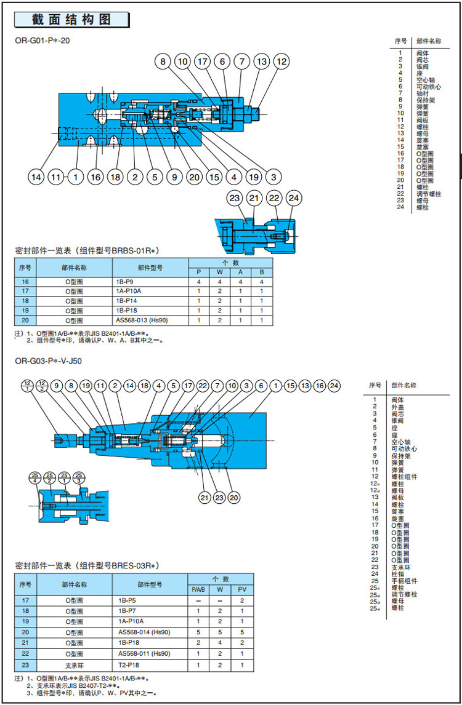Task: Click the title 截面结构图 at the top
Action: [71, 19]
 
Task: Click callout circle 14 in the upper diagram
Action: [36, 177]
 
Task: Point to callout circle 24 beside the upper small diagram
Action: [294, 198]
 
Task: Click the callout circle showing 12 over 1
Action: [28, 386]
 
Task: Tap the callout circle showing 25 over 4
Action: [35, 477]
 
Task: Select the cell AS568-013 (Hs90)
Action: [142, 320]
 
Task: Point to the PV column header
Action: [241, 590]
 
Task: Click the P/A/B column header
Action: [198, 590]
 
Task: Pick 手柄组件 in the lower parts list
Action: [403, 581]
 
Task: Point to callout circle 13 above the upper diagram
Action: [262, 62]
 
